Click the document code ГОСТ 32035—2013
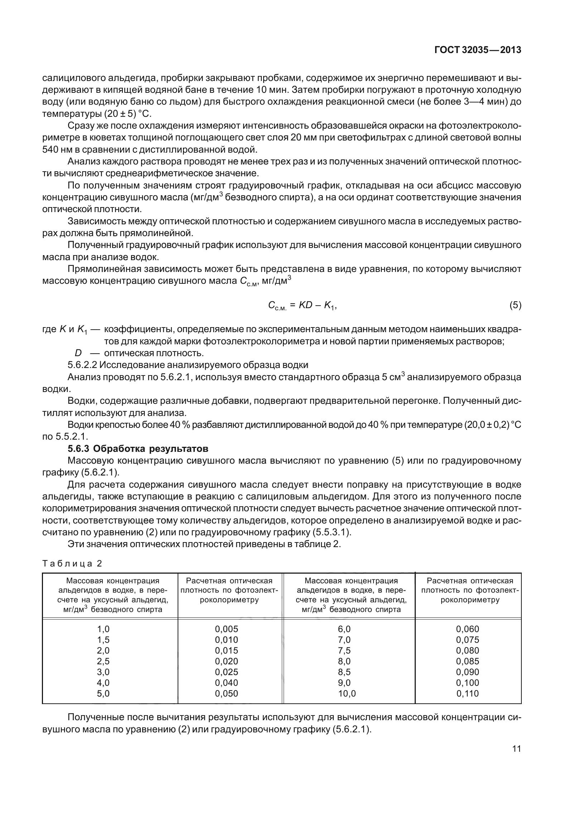(x=477, y=51)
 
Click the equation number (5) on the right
(x=515, y=305)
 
